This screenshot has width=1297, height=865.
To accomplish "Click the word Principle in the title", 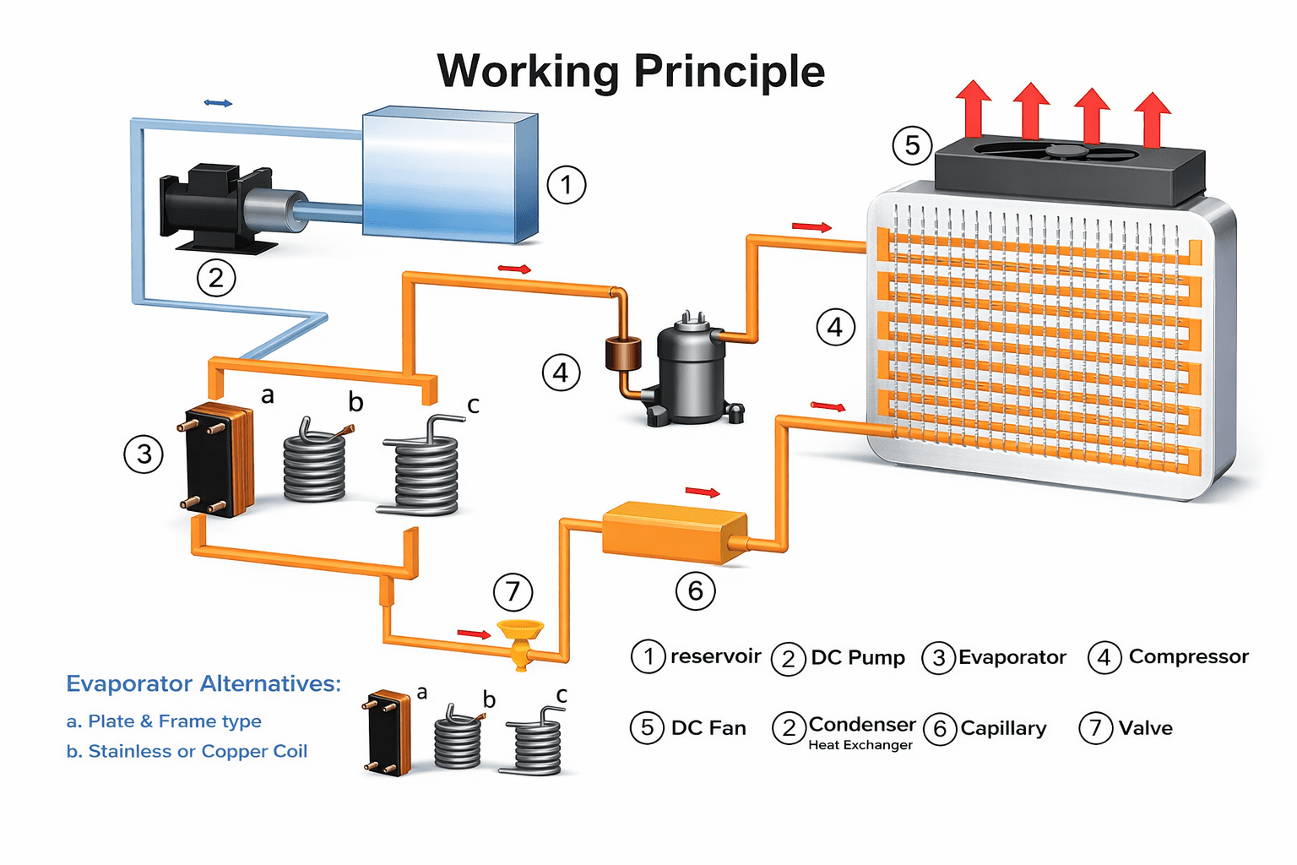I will click(728, 71).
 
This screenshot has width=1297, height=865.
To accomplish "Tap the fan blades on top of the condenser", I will click(1067, 153).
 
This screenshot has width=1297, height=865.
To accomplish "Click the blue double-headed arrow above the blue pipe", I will click(218, 103).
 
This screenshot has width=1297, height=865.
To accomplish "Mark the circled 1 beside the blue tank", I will click(566, 184).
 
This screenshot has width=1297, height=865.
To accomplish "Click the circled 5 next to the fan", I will click(912, 145).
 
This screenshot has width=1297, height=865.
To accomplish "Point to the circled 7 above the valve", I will click(513, 591).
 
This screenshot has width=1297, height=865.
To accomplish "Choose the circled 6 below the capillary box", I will click(695, 590).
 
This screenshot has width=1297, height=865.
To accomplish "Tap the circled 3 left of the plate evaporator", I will click(144, 454).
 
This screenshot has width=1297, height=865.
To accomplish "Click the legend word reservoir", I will click(715, 656).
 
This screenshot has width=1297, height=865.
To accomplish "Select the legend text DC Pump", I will click(857, 657).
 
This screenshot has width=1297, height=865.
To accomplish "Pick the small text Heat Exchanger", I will click(860, 745).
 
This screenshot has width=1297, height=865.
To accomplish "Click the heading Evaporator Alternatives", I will click(204, 683).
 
